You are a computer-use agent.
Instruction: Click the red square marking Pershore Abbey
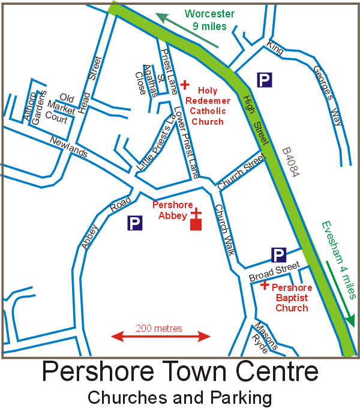click(x=196, y=225)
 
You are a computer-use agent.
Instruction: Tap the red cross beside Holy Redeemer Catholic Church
click(x=185, y=85)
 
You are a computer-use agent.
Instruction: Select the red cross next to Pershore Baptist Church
click(x=264, y=285)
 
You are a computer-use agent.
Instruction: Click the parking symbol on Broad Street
click(x=278, y=256)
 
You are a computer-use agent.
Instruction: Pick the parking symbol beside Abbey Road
click(x=136, y=224)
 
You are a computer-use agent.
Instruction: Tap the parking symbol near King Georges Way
click(x=264, y=79)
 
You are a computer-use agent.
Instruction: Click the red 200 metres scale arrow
click(x=161, y=337)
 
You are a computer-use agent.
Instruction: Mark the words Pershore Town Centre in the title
click(x=180, y=372)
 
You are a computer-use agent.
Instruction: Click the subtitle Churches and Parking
click(x=180, y=397)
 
